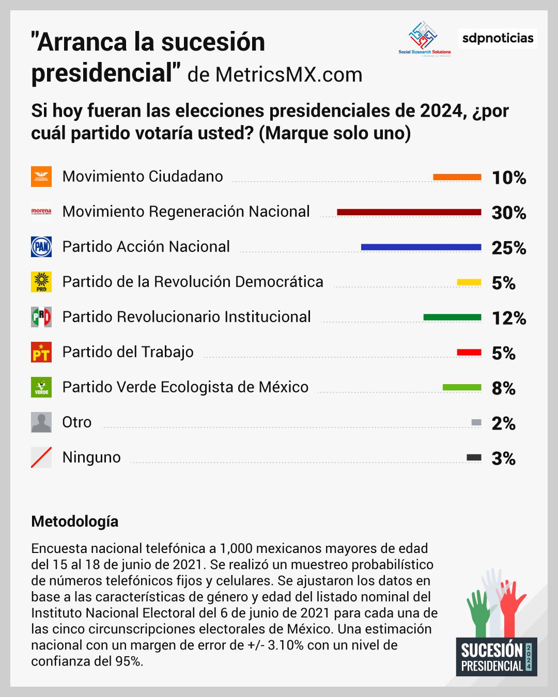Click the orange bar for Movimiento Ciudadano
click(x=457, y=177)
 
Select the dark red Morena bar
click(x=409, y=212)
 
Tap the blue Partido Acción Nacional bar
click(x=421, y=247)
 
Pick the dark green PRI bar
click(x=452, y=318)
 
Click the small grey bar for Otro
click(x=476, y=423)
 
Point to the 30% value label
click(x=508, y=213)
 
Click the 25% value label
click(x=508, y=248)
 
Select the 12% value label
click(x=508, y=318)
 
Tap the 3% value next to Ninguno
click(x=503, y=458)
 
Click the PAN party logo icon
click(x=41, y=247)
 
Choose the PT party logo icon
click(x=41, y=352)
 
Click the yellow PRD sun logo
click(x=41, y=282)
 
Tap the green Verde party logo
click(x=41, y=387)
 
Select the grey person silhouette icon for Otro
click(x=41, y=422)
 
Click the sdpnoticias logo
click(x=498, y=39)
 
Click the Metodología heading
click(x=74, y=521)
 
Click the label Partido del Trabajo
click(x=128, y=352)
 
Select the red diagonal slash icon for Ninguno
click(x=41, y=457)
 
